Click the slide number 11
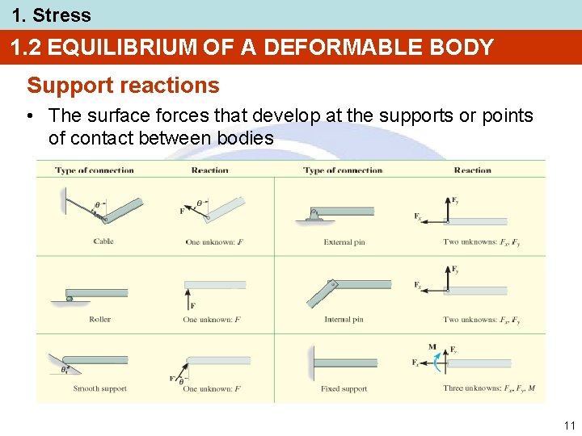point(569,425)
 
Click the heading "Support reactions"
point(123,86)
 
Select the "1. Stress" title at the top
point(51,15)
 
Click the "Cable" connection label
point(103,241)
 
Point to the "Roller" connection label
point(100,320)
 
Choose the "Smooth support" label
point(100,389)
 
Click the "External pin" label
point(344,241)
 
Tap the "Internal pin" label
point(344,320)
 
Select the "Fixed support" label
point(344,389)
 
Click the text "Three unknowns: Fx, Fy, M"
point(489,389)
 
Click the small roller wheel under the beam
point(70,299)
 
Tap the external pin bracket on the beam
point(316,214)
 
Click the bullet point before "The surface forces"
point(29,116)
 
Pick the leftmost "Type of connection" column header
point(95,170)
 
